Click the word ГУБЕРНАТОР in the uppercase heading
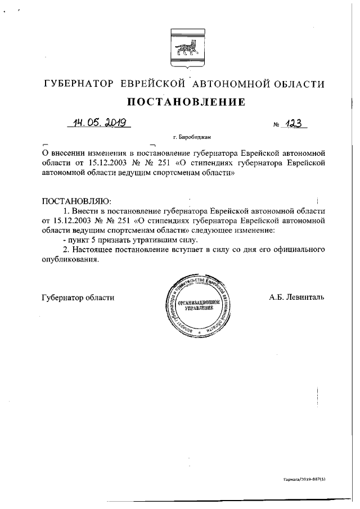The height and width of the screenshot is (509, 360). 79,84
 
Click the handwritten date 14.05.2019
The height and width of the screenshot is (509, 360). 98,123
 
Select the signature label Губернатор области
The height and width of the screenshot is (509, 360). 78,298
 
